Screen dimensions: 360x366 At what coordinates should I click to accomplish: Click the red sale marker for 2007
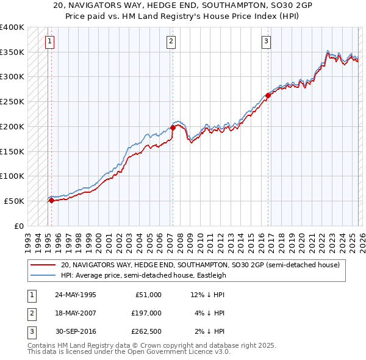(173, 128)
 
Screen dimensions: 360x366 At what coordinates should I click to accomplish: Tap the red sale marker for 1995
(51, 200)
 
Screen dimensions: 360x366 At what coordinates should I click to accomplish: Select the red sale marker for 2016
(268, 95)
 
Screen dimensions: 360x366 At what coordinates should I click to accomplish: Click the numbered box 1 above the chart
(49, 41)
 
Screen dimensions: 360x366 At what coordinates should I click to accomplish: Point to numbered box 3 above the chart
(267, 41)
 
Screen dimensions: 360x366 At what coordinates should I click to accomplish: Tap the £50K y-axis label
(15, 201)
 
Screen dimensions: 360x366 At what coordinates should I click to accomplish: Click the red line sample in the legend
(43, 265)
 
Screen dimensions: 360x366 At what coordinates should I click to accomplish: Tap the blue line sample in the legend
(43, 275)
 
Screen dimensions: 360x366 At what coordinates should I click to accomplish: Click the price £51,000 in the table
(147, 295)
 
